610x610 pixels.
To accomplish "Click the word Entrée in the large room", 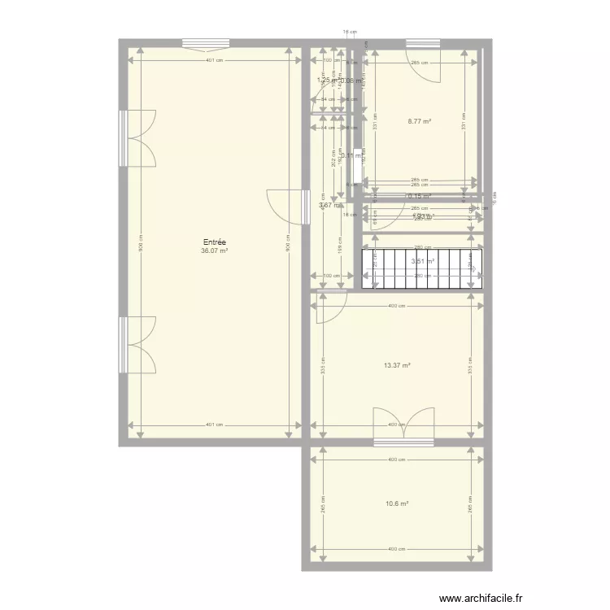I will click(215, 242).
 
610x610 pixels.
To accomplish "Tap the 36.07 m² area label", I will click(215, 251).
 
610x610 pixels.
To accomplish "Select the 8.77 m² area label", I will click(419, 121).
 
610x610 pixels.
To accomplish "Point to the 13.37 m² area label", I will click(397, 365).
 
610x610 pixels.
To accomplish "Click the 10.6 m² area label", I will click(397, 503).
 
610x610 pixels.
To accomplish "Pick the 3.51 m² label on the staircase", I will click(423, 261).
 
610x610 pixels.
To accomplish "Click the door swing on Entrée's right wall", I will click(285, 207).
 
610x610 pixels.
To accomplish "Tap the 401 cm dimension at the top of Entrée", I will click(215, 61).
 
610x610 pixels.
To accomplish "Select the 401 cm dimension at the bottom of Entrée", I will click(215, 425).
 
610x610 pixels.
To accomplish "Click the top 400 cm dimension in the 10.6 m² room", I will click(397, 460).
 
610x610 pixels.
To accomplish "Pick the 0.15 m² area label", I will click(419, 196).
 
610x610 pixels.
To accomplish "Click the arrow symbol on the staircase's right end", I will click(471, 264).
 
